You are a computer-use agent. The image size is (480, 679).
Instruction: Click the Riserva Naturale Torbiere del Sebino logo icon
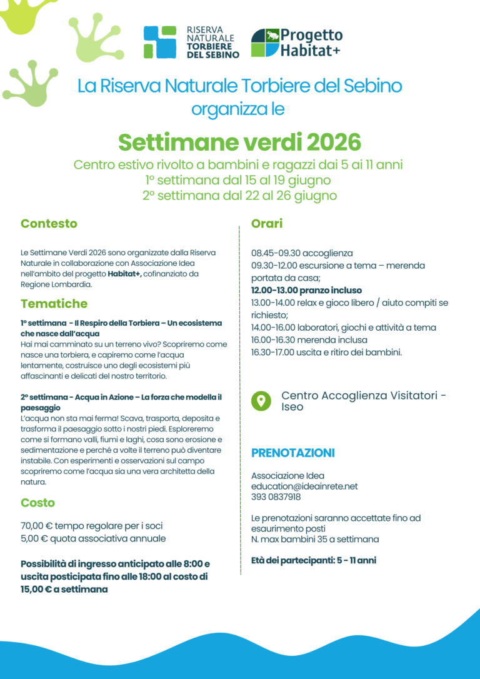coord(159,42)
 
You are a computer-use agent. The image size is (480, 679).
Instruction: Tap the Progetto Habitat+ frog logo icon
coord(265,42)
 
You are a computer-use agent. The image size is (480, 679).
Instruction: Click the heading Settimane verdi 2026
coord(239,142)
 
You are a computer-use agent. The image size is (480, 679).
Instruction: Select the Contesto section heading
coord(49,223)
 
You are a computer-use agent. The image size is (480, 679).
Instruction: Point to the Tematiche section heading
coord(54,304)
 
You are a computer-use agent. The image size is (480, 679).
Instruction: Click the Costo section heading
coord(37,503)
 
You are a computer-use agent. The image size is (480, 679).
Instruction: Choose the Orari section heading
coord(267,223)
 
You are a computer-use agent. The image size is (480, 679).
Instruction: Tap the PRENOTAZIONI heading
coord(292,453)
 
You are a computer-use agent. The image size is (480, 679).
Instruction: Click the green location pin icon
coord(261,401)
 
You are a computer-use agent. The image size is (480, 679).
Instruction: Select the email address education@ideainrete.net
coord(304,486)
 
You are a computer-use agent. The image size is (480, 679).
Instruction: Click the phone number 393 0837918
coord(276,497)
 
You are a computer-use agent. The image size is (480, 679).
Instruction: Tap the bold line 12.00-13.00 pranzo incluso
coord(306,291)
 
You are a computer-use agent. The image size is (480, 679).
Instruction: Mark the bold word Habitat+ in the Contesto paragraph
coord(124,274)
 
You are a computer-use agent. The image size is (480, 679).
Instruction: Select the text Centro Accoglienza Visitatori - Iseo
coord(363,401)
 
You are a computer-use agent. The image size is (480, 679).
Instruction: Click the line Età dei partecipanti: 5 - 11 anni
coord(313,560)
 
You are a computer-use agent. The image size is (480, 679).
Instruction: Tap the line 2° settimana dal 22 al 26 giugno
coord(239,196)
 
